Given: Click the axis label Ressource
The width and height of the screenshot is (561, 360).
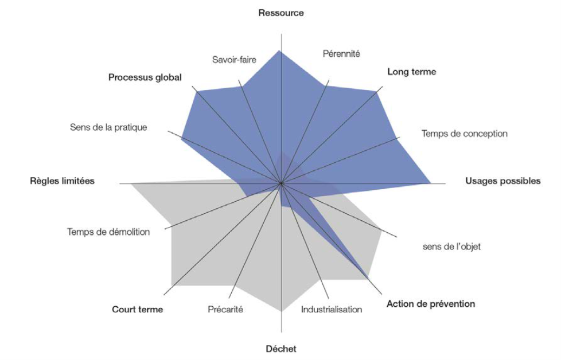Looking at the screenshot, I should click(280, 13).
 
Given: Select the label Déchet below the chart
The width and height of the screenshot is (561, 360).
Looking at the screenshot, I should click(281, 349).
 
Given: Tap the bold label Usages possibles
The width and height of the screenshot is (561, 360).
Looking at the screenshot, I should click(502, 181).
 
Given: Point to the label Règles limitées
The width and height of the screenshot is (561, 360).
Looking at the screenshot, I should click(62, 181).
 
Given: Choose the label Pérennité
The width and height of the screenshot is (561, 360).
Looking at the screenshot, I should click(341, 54).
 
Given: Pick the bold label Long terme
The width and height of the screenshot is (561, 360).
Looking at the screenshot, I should click(411, 72).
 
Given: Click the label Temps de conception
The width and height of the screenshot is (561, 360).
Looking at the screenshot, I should click(464, 134).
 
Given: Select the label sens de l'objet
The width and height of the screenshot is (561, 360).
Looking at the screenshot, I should click(451, 247).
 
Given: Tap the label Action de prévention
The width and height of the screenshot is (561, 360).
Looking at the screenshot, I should click(431, 304).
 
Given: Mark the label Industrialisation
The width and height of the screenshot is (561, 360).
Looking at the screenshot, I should click(332, 310).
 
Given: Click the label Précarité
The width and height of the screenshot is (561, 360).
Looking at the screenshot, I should click(225, 310).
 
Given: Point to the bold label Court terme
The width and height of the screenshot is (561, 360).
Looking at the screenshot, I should click(138, 310).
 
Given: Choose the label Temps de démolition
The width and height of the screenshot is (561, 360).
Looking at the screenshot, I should click(108, 232).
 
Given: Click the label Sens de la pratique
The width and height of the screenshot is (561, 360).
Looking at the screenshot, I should click(108, 127).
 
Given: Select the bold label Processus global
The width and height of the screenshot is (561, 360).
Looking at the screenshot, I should click(145, 77).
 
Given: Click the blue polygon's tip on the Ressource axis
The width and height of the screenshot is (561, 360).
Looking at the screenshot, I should click(280, 51).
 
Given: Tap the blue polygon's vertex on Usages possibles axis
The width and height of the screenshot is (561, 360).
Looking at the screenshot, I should click(430, 184).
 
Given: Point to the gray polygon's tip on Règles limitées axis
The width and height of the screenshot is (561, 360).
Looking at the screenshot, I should click(131, 184).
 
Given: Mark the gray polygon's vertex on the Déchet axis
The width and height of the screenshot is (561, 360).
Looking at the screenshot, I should click(281, 311).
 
